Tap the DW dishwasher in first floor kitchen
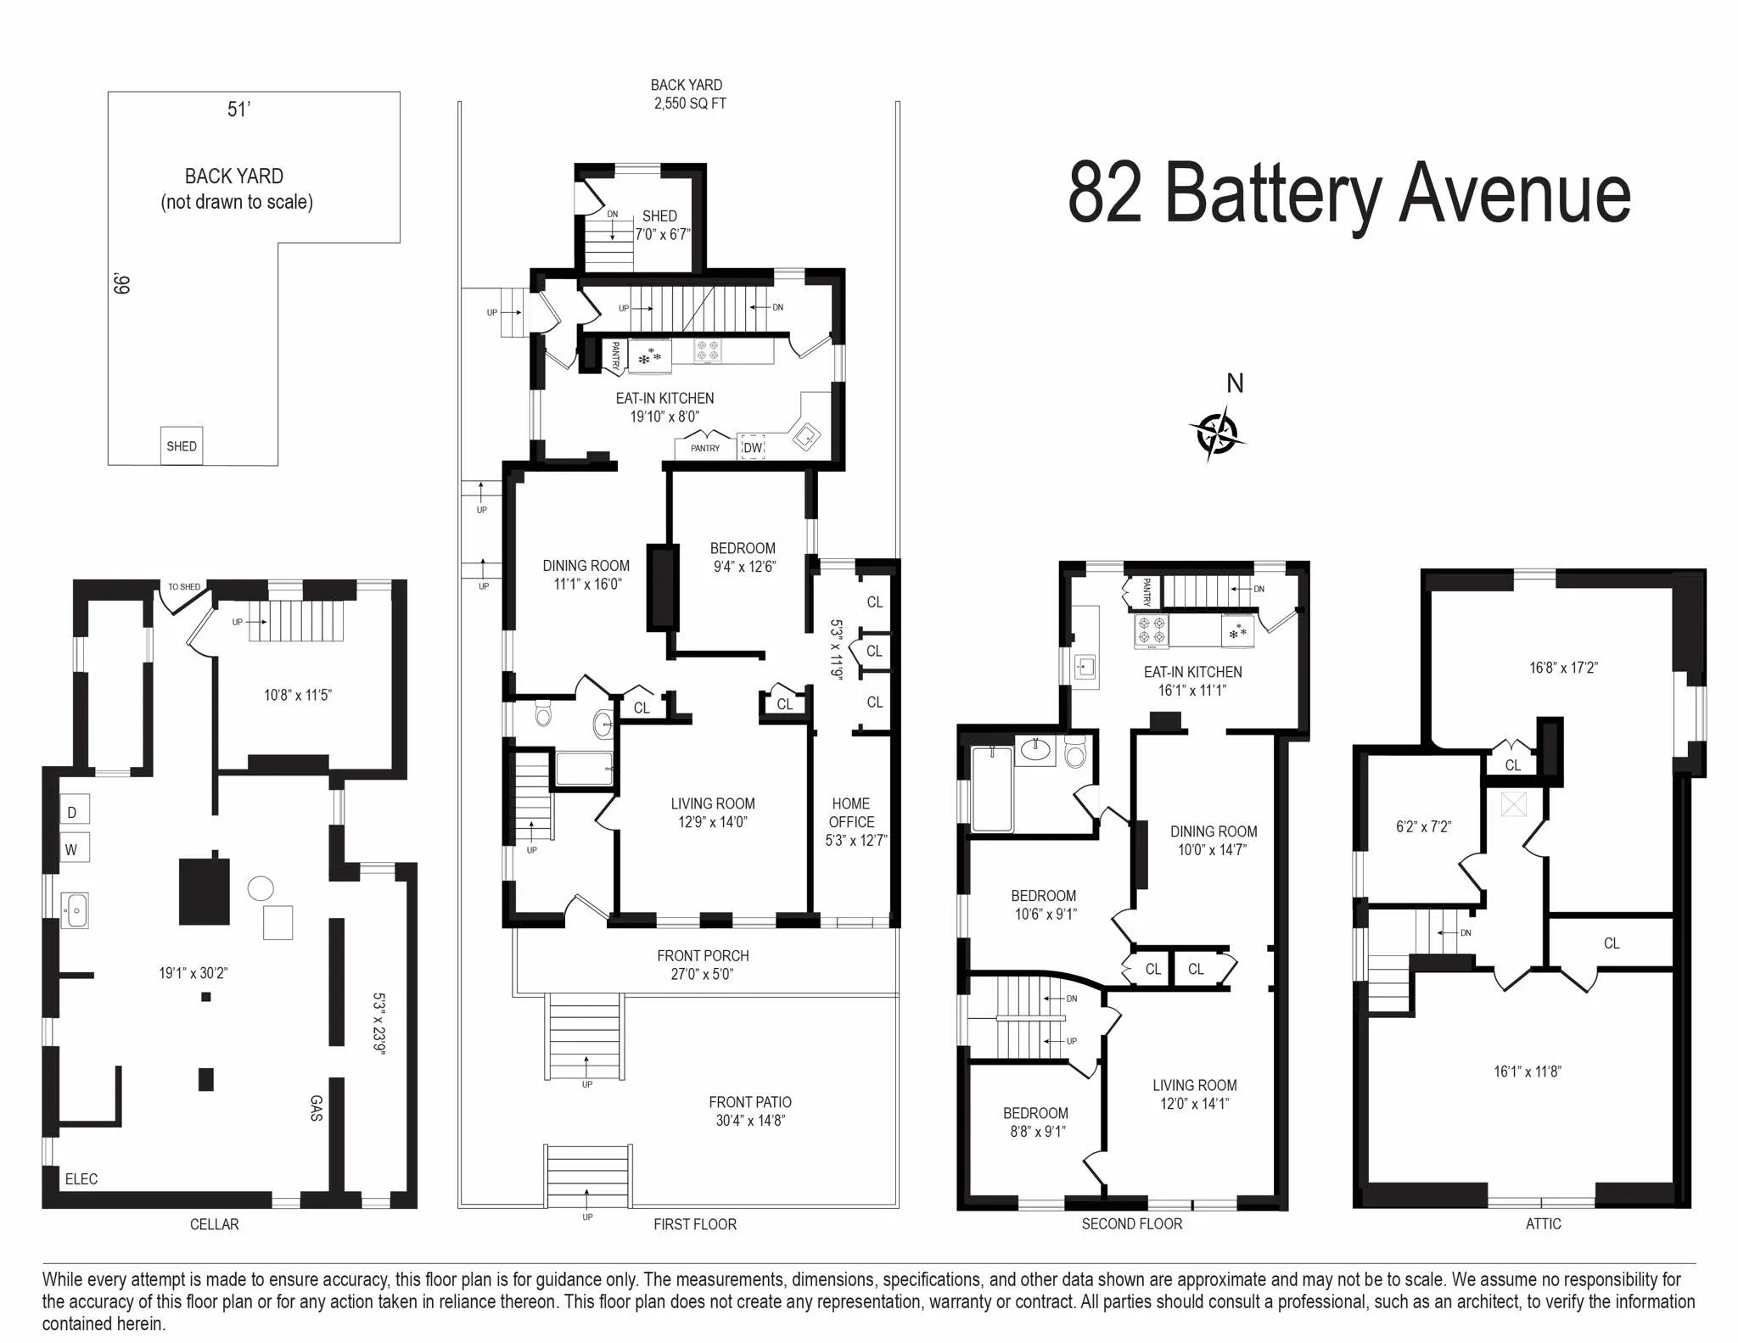(x=753, y=447)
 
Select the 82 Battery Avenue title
(x=1348, y=194)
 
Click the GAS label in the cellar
(x=316, y=1108)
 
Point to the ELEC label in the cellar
(x=81, y=1178)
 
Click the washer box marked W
(x=73, y=848)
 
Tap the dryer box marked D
(x=73, y=812)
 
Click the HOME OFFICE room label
(x=851, y=813)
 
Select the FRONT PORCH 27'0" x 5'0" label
(x=703, y=965)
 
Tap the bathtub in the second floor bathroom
(x=991, y=789)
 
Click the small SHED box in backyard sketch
(x=182, y=446)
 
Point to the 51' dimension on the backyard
(x=238, y=109)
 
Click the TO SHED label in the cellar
(x=184, y=587)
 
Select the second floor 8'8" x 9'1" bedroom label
(x=1036, y=1122)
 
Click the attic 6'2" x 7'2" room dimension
(x=1423, y=826)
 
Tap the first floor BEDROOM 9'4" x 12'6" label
(x=743, y=557)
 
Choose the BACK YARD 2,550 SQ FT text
(x=688, y=94)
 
